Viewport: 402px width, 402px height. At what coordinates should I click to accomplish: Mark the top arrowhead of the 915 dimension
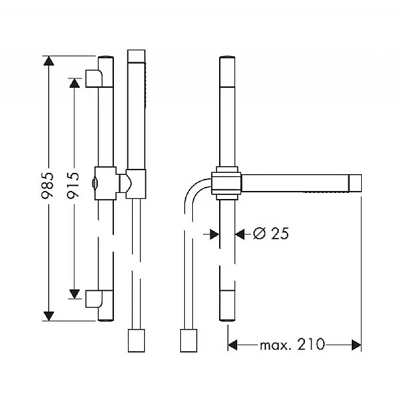pyautogui.click(x=74, y=81)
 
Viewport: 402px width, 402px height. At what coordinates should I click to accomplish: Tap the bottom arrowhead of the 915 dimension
pyautogui.click(x=74, y=295)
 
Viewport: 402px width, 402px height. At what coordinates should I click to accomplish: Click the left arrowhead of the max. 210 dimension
pyautogui.click(x=234, y=345)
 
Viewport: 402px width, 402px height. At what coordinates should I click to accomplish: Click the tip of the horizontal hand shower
pyautogui.click(x=355, y=183)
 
